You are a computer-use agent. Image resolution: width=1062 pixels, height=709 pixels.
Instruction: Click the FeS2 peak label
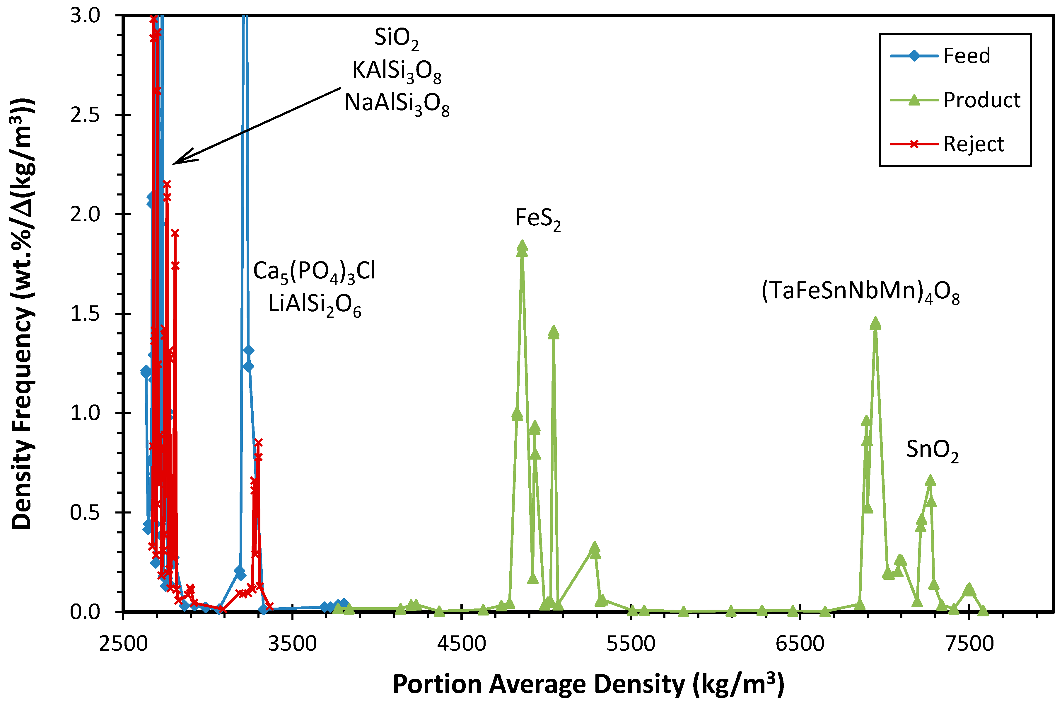click(537, 219)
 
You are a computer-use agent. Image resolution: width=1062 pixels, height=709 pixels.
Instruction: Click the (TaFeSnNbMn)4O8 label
click(860, 292)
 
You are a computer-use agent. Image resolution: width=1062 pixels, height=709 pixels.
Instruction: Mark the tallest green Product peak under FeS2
click(522, 247)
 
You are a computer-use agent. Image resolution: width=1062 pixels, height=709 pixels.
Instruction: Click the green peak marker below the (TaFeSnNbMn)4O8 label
click(875, 323)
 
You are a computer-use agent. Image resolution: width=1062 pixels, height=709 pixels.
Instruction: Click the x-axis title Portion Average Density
click(588, 684)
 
